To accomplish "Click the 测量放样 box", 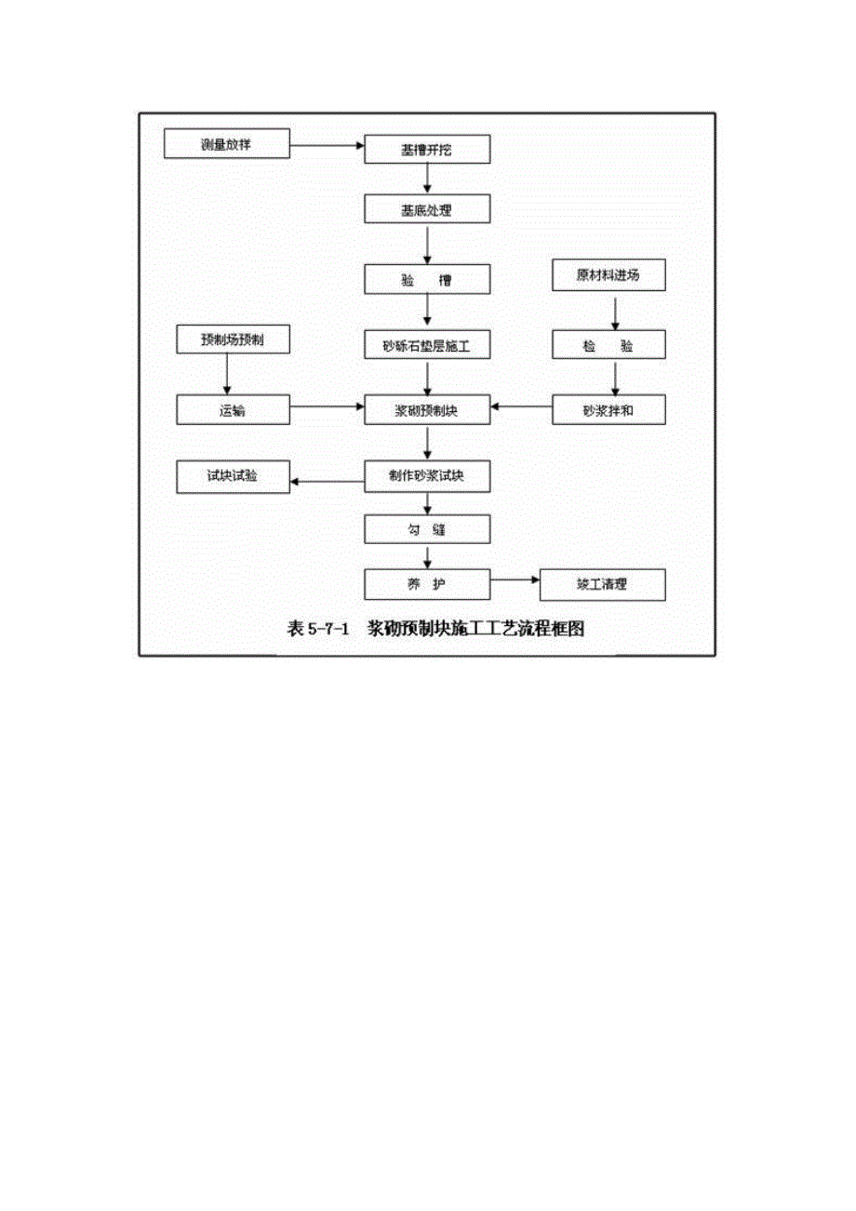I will pos(226,145).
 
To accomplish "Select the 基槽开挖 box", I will pos(427,149).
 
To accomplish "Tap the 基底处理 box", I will pos(427,209).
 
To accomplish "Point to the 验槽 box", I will pos(427,279).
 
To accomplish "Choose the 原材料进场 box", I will pos(609,275).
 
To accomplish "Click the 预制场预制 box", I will pos(233,339).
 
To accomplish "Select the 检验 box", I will pos(609,344).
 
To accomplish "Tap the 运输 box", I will pos(233,409).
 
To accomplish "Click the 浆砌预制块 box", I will pos(427,409).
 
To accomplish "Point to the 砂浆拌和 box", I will pos(609,409).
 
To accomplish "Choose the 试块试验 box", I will pos(233,478).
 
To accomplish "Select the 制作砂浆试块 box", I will pos(427,476).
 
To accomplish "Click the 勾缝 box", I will pos(427,530).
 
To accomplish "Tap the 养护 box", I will pos(427,584).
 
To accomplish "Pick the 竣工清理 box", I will pos(602,584).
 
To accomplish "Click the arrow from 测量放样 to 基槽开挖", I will pos(326,145).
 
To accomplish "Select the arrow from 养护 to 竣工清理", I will pos(515,580).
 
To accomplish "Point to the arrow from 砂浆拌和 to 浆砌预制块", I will pos(522,406).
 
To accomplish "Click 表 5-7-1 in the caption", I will pos(317,629).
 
